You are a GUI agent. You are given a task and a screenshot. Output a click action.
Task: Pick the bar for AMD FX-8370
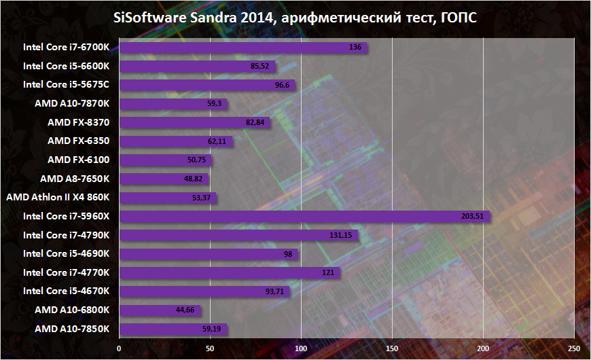pos(195,122)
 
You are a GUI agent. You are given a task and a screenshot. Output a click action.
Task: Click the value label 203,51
pos(474,216)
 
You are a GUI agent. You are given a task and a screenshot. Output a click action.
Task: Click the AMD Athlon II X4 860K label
pos(62,198)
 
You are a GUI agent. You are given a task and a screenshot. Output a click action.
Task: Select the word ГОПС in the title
pos(457,18)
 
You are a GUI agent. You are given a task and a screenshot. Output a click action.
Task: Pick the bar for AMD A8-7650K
pos(164,179)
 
